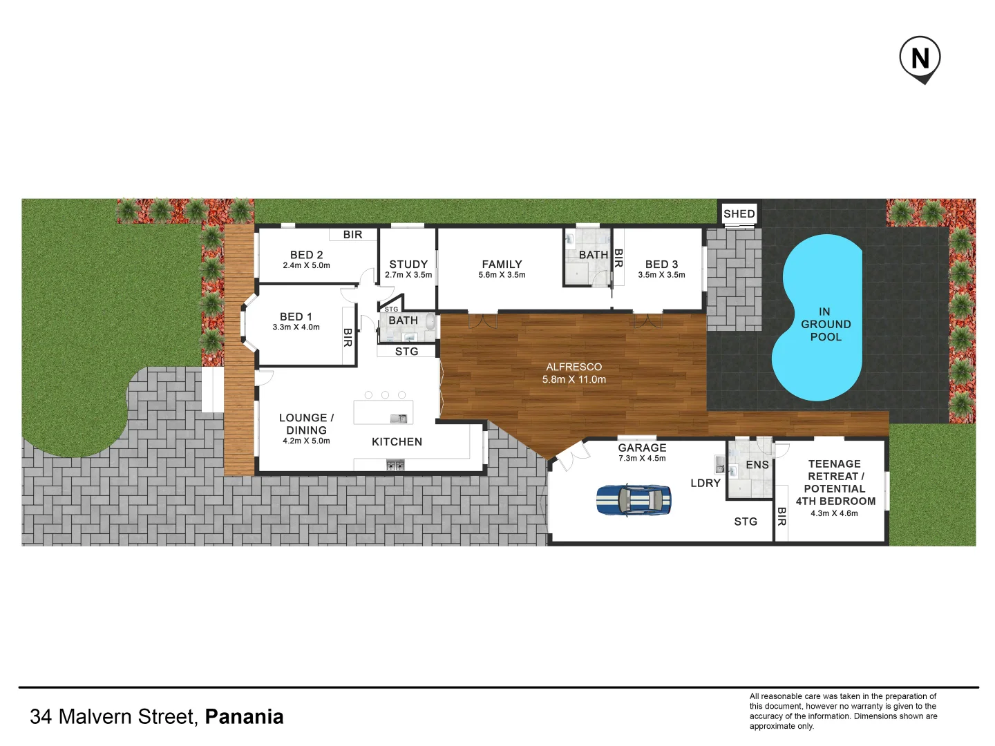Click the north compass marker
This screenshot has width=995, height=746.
pyautogui.click(x=920, y=58)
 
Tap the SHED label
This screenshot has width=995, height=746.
pyautogui.click(x=739, y=214)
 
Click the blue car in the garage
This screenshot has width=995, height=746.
pyautogui.click(x=633, y=499)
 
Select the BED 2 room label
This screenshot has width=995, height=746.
pyautogui.click(x=306, y=255)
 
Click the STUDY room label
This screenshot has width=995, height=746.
pyautogui.click(x=408, y=264)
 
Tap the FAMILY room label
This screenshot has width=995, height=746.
pyautogui.click(x=502, y=264)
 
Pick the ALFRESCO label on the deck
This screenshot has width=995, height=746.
pyautogui.click(x=574, y=367)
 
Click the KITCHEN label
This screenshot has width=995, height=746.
pyautogui.click(x=397, y=441)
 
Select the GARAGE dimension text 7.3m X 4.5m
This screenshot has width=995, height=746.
pyautogui.click(x=642, y=459)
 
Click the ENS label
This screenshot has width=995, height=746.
pyautogui.click(x=757, y=465)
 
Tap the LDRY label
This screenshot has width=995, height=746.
pyautogui.click(x=705, y=483)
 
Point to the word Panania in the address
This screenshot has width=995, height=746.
pyautogui.click(x=244, y=716)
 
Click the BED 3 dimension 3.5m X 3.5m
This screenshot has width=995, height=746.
pyautogui.click(x=661, y=275)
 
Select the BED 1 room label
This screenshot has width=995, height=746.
pyautogui.click(x=296, y=316)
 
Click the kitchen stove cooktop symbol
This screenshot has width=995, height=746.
pyautogui.click(x=395, y=466)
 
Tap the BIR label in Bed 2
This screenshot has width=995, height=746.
pyautogui.click(x=352, y=235)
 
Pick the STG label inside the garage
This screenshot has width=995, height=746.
pyautogui.click(x=746, y=522)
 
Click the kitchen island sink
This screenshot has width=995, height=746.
pyautogui.click(x=399, y=419)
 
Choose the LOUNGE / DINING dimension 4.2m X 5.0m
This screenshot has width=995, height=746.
pyautogui.click(x=306, y=441)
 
